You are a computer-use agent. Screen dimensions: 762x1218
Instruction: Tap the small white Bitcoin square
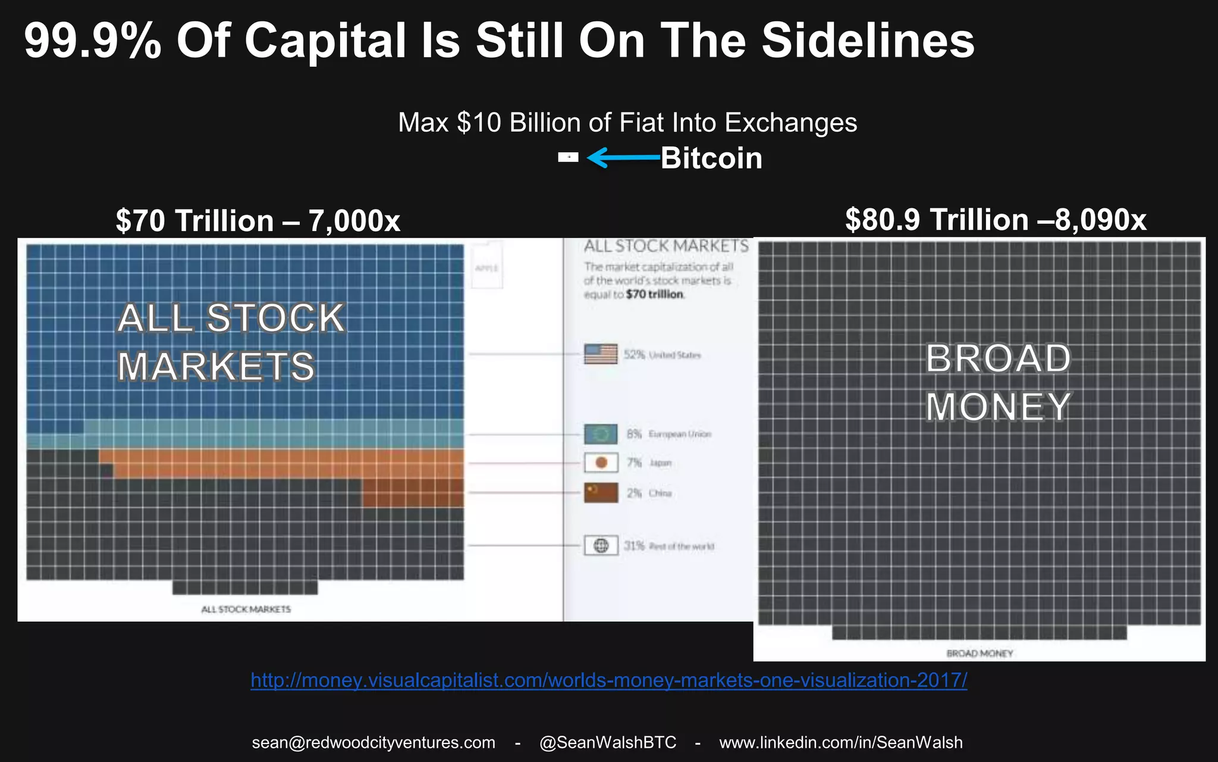click(x=568, y=157)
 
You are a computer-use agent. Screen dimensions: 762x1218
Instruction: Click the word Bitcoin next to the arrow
click(x=711, y=158)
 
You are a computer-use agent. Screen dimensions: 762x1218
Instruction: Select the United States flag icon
click(x=601, y=354)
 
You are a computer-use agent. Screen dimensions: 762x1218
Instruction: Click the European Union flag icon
click(x=601, y=434)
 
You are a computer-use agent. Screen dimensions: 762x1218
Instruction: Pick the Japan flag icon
click(x=601, y=463)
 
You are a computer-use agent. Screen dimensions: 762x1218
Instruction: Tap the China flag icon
click(x=601, y=492)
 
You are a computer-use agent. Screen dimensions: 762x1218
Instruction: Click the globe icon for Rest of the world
click(x=601, y=545)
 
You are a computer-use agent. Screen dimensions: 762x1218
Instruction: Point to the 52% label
click(x=634, y=355)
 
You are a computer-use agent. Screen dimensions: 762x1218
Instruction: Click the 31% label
click(x=634, y=546)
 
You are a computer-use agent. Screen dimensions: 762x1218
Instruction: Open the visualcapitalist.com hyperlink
click(x=608, y=680)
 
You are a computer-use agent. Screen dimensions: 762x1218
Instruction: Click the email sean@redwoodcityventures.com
click(x=373, y=742)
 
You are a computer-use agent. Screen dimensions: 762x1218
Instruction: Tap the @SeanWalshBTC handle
click(x=607, y=742)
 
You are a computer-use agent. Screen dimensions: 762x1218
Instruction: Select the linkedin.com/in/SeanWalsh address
click(x=840, y=742)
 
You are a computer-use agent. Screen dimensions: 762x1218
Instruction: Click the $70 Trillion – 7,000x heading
click(x=258, y=221)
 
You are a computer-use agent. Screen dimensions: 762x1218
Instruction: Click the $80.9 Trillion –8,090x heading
click(x=995, y=220)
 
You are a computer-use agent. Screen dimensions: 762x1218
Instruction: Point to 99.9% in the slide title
click(x=92, y=40)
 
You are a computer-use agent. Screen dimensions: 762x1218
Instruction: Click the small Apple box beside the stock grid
click(x=486, y=268)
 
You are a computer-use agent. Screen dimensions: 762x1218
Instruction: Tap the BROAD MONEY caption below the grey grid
click(x=980, y=653)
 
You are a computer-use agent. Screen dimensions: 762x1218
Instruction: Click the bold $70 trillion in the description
click(x=654, y=294)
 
